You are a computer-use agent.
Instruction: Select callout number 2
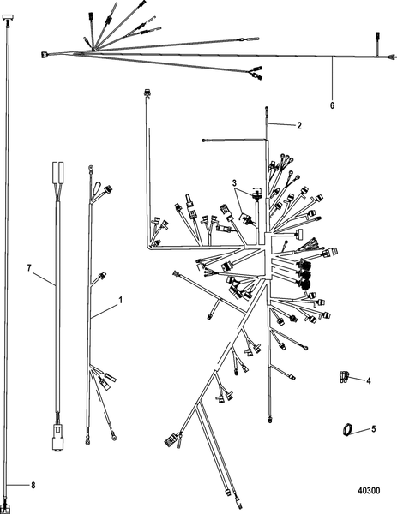(x=299, y=126)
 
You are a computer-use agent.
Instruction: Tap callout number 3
(x=233, y=182)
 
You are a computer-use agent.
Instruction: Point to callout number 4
(x=369, y=380)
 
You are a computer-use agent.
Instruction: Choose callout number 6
(x=332, y=105)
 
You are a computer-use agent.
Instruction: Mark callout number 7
(x=29, y=268)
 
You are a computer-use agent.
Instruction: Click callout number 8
(x=34, y=486)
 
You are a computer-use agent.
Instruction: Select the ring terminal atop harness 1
(x=92, y=170)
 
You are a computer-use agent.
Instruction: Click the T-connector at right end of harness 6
(x=378, y=37)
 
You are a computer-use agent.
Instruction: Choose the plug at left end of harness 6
(x=44, y=57)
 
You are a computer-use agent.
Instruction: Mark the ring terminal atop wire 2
(x=268, y=110)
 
